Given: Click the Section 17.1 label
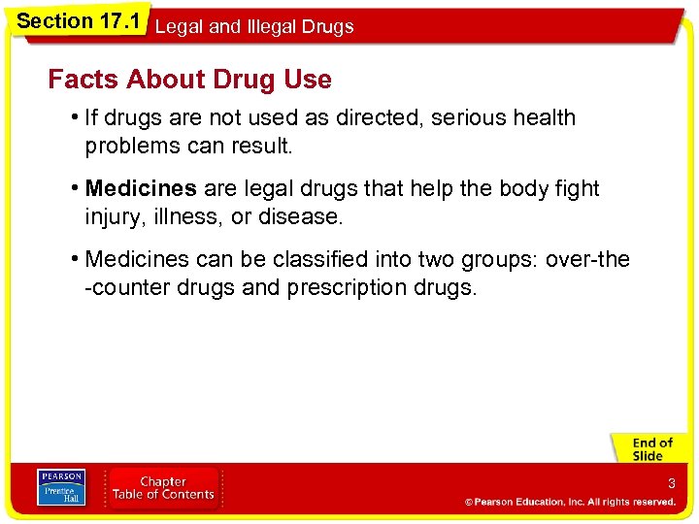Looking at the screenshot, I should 77,19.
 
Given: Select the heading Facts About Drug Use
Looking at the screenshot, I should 189,80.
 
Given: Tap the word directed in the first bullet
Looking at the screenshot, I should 378,118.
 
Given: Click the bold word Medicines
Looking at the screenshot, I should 141,189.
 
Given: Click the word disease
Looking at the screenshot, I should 300,217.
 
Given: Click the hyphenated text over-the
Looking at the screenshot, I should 587,260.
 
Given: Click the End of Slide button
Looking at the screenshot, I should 651,449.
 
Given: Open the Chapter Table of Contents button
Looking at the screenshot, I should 162,488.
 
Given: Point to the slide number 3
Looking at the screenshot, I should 670,483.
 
